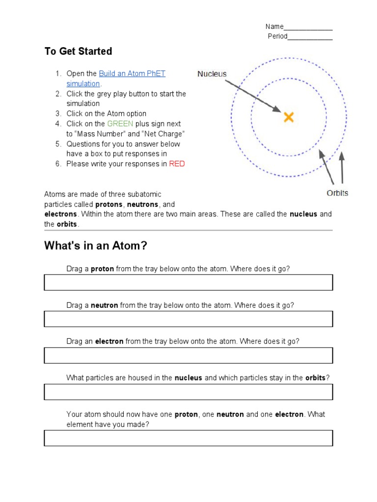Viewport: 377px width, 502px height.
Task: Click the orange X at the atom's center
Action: pyautogui.click(x=289, y=117)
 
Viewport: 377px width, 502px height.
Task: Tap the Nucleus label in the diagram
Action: pyautogui.click(x=212, y=74)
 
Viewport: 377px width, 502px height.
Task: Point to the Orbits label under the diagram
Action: pyautogui.click(x=337, y=193)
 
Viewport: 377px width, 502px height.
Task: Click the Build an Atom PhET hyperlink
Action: pyautogui.click(x=132, y=74)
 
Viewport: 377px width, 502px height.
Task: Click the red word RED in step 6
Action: pyautogui.click(x=177, y=164)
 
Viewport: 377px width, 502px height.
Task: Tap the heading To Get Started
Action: pyautogui.click(x=78, y=51)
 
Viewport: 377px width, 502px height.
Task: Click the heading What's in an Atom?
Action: pyautogui.click(x=96, y=246)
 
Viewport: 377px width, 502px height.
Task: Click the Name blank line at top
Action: pyautogui.click(x=308, y=27)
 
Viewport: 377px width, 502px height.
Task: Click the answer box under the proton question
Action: pyautogui.click(x=188, y=282)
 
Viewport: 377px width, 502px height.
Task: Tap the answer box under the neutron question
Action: pyautogui.click(x=188, y=319)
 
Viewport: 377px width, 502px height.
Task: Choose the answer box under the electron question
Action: pyautogui.click(x=188, y=355)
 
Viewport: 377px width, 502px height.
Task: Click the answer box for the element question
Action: pyautogui.click(x=188, y=438)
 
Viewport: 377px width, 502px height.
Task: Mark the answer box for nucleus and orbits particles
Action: pyautogui.click(x=188, y=392)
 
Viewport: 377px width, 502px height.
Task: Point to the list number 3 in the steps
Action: pyautogui.click(x=57, y=114)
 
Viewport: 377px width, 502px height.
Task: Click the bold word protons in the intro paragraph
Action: pyautogui.click(x=108, y=204)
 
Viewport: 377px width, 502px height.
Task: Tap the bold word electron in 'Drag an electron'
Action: pyautogui.click(x=109, y=341)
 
